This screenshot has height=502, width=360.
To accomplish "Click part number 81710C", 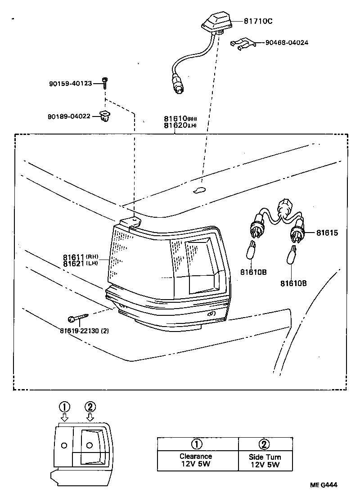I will (x=258, y=21).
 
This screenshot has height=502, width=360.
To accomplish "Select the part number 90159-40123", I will (x=70, y=83).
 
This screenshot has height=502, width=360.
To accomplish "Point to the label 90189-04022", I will (x=69, y=117).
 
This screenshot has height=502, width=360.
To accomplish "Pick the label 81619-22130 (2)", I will (x=84, y=331).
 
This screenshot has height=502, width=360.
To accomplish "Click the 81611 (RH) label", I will (x=81, y=257).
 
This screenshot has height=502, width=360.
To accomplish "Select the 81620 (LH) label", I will (x=180, y=126).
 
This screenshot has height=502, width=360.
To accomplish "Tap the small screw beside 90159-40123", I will (x=104, y=82).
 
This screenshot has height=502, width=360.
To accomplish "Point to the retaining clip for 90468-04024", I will (x=243, y=43).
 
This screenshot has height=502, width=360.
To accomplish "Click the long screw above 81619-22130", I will (x=79, y=319).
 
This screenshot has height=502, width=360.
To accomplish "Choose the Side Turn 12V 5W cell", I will (x=265, y=460).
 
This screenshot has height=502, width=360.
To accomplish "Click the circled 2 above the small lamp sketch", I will (x=90, y=407).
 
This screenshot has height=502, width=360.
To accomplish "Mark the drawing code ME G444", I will (x=323, y=485).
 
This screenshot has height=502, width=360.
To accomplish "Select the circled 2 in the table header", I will (x=265, y=444).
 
